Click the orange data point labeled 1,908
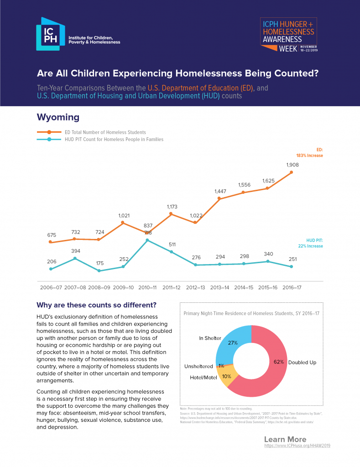[291, 172]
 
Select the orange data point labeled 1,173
[171, 213]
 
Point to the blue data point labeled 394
[75, 259]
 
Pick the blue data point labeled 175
[99, 270]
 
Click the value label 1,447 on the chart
[220, 192]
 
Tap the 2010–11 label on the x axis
[147, 288]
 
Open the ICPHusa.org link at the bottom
[297, 446]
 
